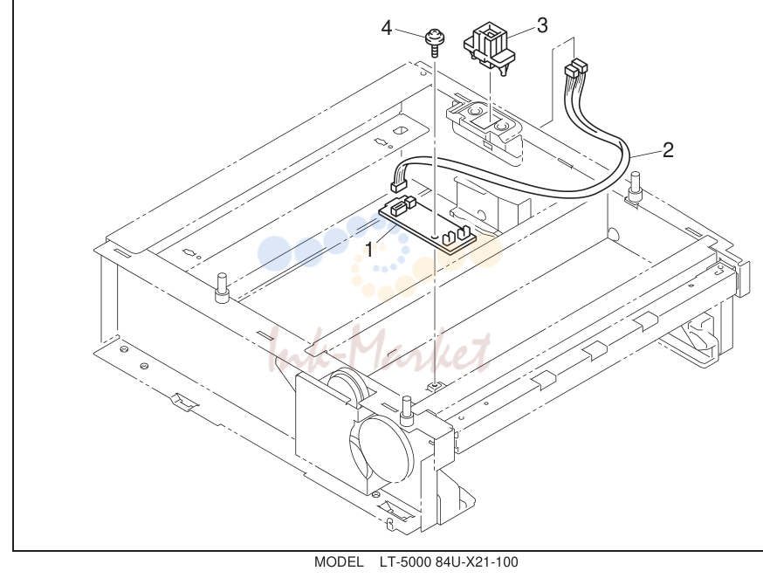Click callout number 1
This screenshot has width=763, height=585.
(x=369, y=251)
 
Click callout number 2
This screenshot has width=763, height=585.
(x=668, y=150)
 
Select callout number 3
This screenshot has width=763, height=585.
(x=542, y=25)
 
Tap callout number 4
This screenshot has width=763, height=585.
(x=387, y=28)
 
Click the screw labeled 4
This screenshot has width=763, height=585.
(x=433, y=43)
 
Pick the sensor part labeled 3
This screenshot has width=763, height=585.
(x=489, y=49)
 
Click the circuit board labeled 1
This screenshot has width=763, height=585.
(x=427, y=225)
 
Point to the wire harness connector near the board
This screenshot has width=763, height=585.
(x=399, y=185)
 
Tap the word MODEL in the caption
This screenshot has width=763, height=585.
(x=339, y=562)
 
